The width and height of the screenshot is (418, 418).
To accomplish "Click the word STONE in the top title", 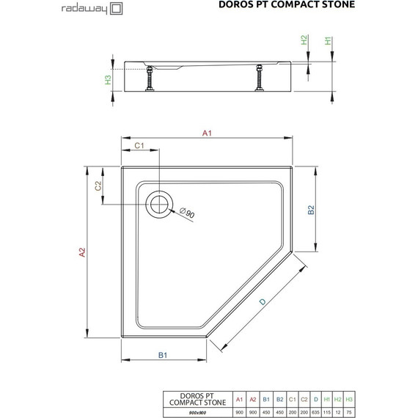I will pos(334,5).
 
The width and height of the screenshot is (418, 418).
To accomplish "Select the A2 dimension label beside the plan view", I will pos(83,252).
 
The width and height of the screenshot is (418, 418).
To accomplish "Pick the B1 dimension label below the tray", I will pos(164,356).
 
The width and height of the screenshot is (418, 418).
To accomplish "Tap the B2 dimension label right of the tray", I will pos(310,210).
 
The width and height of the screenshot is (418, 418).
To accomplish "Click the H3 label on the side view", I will pos(108,79).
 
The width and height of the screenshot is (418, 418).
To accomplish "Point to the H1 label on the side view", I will pos(329,42).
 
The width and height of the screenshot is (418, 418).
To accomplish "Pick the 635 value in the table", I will pos(315,413).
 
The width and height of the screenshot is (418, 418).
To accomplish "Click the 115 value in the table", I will pos(327,413).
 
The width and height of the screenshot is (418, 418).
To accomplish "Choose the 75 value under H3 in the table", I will pos(350,413).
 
